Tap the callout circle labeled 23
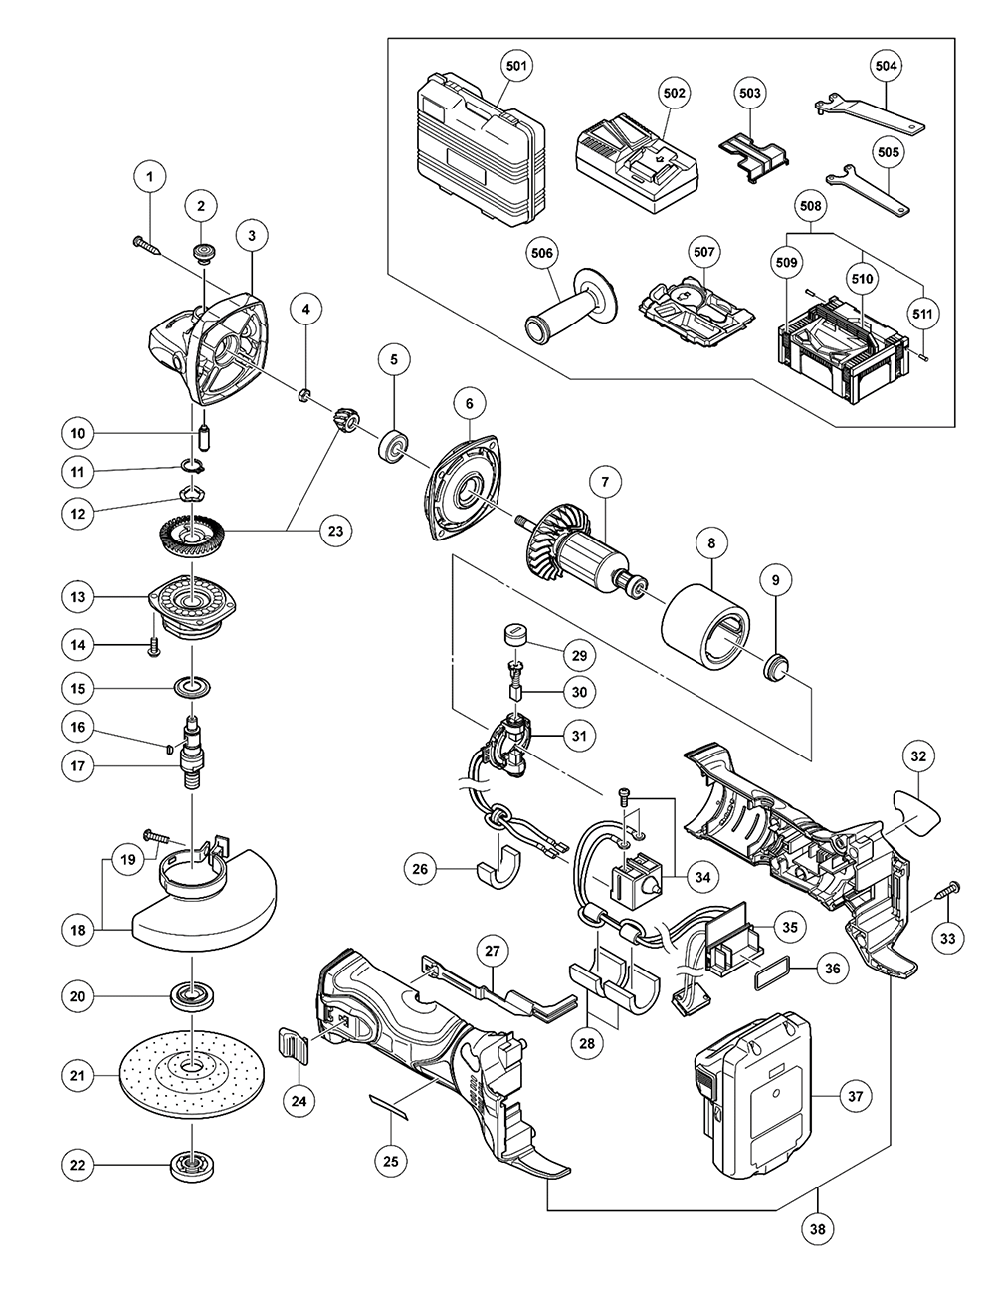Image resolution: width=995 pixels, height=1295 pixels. pyautogui.click(x=335, y=531)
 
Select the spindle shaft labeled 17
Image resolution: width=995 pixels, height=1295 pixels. pyautogui.click(x=189, y=757)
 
